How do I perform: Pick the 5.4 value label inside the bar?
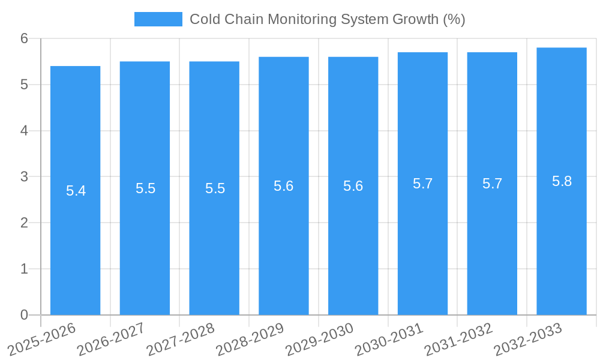[76, 191]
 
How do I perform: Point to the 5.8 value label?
[562, 181]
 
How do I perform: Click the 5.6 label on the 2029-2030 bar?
[353, 186]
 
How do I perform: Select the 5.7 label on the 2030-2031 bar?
[422, 184]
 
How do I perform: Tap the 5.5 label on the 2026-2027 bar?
[145, 188]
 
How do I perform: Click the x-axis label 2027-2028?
[180, 340]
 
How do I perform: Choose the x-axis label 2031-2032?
[458, 340]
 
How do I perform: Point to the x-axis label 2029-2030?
[319, 340]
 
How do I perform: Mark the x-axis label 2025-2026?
[41, 340]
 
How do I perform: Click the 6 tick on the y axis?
[24, 38]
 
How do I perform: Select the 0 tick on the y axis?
[24, 315]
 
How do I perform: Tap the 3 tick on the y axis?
[24, 177]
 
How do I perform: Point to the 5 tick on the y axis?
[24, 85]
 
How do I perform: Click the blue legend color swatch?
[158, 19]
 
